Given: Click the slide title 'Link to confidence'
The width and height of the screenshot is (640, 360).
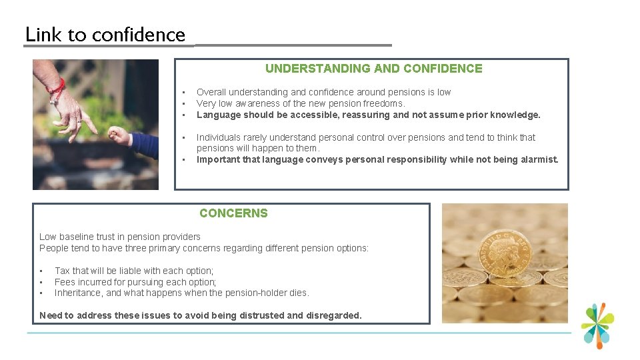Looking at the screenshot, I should [x=105, y=35].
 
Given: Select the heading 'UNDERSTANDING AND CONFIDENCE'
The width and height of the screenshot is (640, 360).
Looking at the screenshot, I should [x=373, y=68].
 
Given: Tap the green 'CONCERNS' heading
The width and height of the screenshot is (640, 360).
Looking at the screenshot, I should [x=233, y=213].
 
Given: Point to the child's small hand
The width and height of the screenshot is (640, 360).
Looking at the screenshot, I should [x=120, y=135].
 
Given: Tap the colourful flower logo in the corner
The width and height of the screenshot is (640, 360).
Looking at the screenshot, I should [x=597, y=325].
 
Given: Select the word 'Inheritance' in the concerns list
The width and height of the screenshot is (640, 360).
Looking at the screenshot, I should [x=79, y=293].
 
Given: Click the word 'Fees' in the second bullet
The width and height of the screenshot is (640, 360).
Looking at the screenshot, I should [x=65, y=282].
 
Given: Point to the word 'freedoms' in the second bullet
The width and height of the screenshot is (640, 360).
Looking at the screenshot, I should [x=383, y=103].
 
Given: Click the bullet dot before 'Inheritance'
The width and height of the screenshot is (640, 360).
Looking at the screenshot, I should [x=41, y=293].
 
